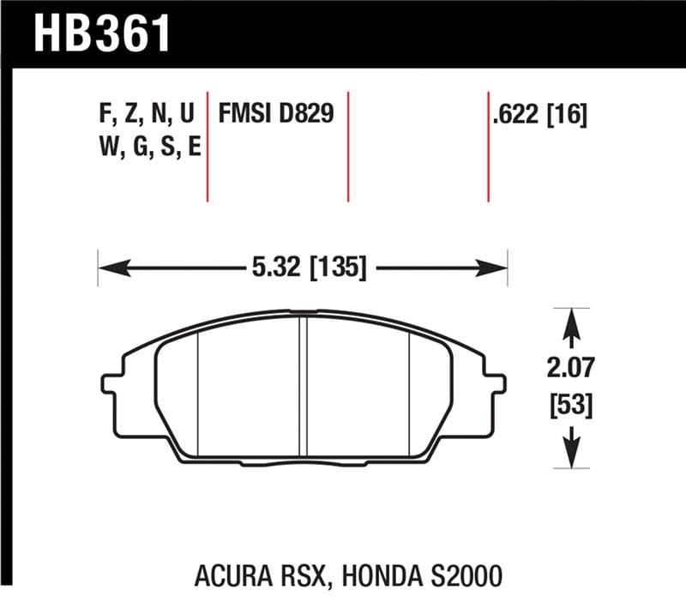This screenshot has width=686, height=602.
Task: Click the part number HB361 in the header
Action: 101,34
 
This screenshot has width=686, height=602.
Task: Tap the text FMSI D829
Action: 276,114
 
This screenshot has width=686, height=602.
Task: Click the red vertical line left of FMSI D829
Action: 208,146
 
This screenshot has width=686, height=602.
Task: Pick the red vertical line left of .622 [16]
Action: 488,146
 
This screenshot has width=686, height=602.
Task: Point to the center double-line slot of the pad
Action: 303,386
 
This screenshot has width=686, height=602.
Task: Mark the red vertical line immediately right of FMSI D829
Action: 348,146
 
